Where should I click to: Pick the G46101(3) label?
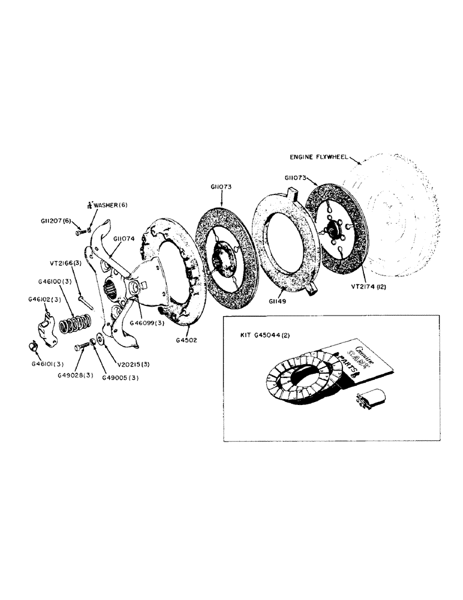tap(47, 364)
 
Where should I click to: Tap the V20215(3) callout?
tap(135, 364)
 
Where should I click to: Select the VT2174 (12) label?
tap(368, 286)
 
